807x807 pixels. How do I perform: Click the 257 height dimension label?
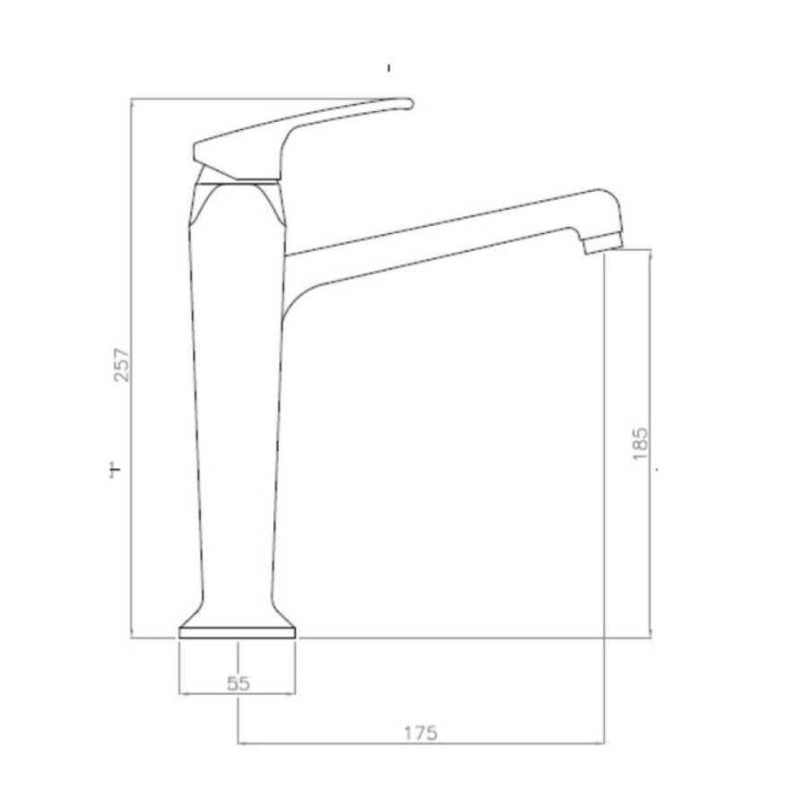coord(122,365)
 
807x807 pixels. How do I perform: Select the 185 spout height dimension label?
coord(640,443)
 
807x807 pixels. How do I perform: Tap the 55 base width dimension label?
coord(239,683)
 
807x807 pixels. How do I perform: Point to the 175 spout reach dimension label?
coord(421,733)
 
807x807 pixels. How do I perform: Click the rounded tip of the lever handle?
coord(409,103)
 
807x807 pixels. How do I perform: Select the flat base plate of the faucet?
coord(238,632)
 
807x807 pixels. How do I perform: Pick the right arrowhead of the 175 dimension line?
coord(600,742)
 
